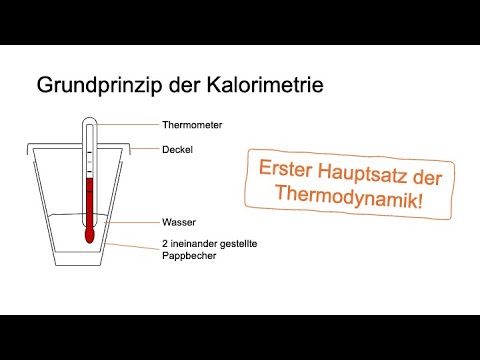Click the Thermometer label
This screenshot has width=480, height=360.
(x=191, y=126)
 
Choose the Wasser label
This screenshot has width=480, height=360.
(x=177, y=221)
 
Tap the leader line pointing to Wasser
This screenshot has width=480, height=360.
(x=135, y=221)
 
